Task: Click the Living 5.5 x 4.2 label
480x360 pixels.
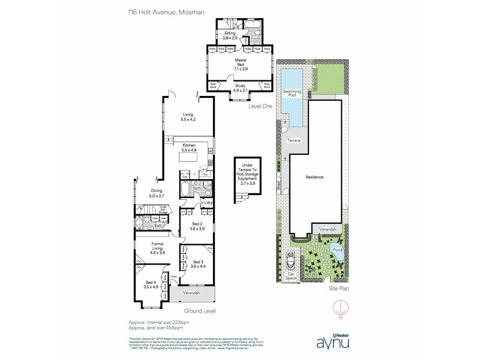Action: click(189, 117)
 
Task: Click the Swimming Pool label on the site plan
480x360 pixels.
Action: click(292, 92)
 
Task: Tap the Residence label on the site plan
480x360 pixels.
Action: click(315, 177)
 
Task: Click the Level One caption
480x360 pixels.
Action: click(260, 106)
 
